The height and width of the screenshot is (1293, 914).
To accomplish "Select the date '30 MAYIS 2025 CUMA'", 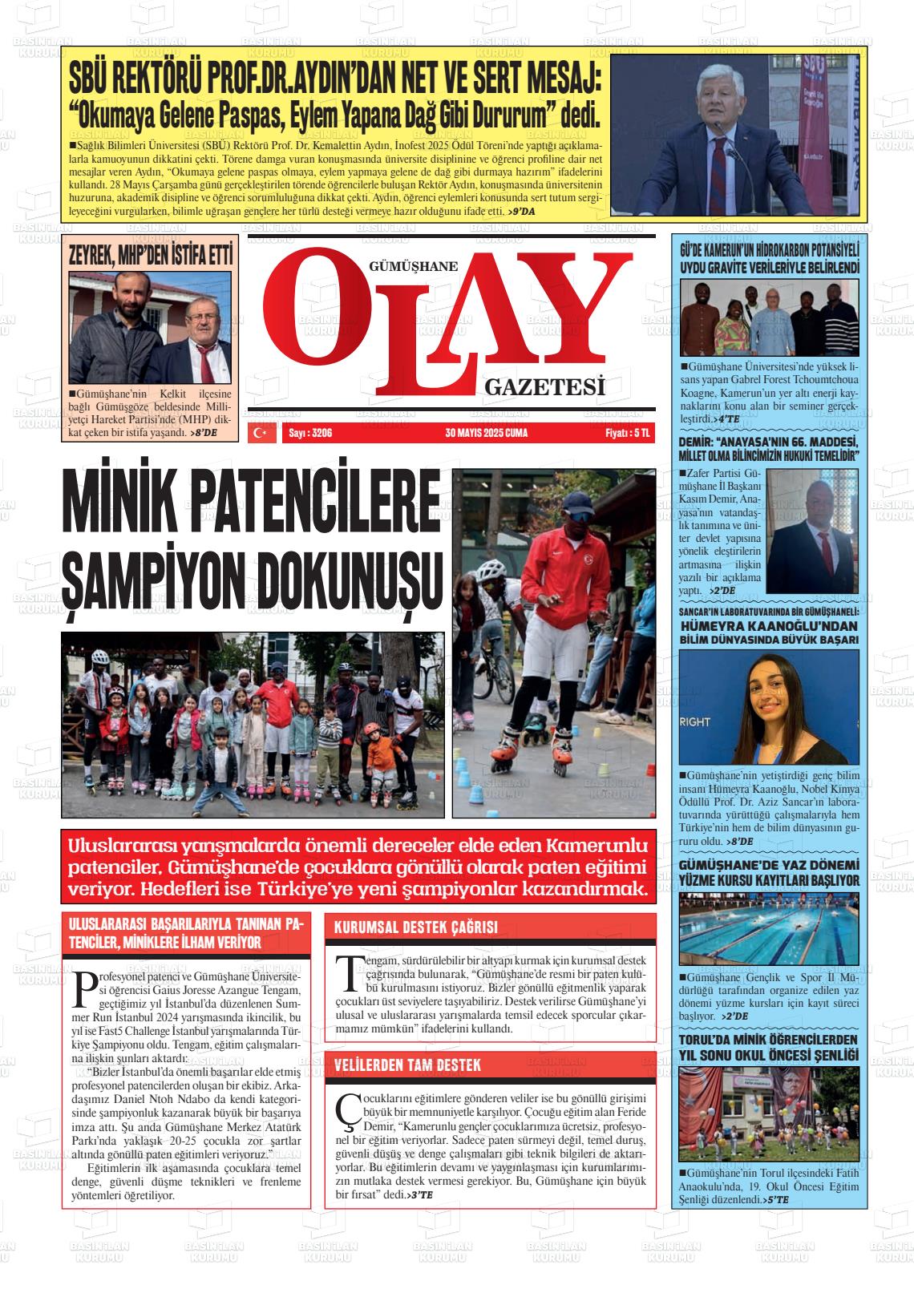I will point(487,433).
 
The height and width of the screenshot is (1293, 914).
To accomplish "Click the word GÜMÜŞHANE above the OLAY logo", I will point(413,267).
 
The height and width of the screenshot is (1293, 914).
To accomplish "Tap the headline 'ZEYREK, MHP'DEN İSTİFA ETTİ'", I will point(151,256).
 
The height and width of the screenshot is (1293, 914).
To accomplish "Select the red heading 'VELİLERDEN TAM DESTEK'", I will point(407,1065).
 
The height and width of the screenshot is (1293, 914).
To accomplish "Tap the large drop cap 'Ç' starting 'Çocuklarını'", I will point(347,1108).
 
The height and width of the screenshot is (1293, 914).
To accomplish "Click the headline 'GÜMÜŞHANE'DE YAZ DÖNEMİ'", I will point(768,865).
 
